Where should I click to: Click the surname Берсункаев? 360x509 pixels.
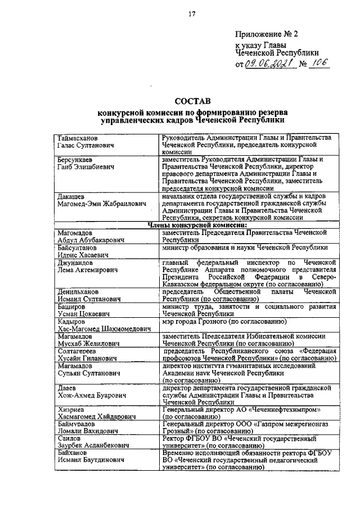click(79, 160)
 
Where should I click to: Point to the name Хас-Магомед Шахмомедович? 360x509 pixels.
click(104, 328)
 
